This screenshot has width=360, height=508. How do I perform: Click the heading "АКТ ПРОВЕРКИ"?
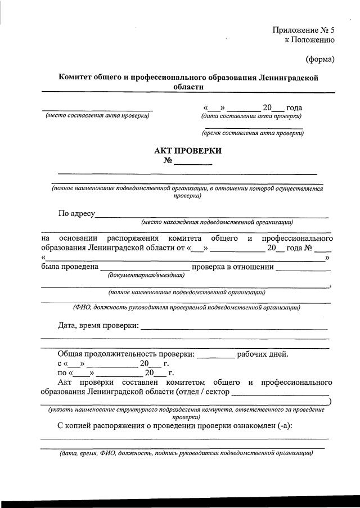coord(188,150)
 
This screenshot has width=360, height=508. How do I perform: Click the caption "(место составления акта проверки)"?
coord(97,116)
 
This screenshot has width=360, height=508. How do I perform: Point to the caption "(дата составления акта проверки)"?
coord(251,116)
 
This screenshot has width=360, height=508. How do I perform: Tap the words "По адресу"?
coord(76,214)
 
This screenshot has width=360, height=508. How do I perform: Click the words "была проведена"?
coord(70,267)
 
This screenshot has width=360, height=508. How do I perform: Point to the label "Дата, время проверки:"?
coord(98,326)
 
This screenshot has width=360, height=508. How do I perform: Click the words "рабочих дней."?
coord(263,354)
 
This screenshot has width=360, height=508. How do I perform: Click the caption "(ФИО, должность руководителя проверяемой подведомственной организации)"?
coord(186,307)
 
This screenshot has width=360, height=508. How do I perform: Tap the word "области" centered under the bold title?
coord(188,87)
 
